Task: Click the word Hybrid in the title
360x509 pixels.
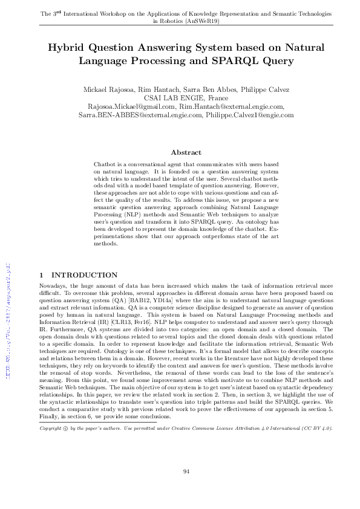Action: tap(67, 48)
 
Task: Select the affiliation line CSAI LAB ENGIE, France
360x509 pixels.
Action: tap(180, 98)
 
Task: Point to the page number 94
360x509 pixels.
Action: tap(180, 471)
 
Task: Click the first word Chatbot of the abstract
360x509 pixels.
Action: tap(104, 164)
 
